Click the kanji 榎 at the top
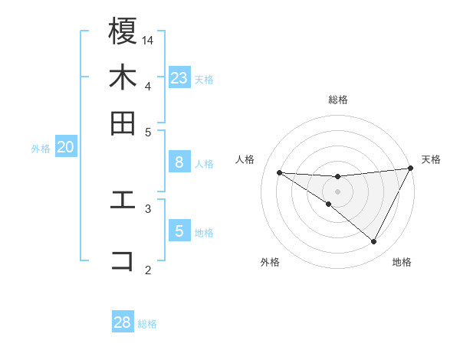pyautogui.click(x=123, y=32)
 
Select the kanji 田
pyautogui.click(x=123, y=123)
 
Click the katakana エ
pyautogui.click(x=123, y=201)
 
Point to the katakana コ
pyautogui.click(x=123, y=260)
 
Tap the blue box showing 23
pyautogui.click(x=179, y=78)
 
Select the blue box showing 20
pyautogui.click(x=66, y=148)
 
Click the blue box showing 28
pyautogui.click(x=123, y=322)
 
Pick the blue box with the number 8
pyautogui.click(x=179, y=162)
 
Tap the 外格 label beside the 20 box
pyautogui.click(x=41, y=149)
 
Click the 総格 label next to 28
pyautogui.click(x=147, y=324)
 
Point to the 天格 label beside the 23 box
pyautogui.click(x=204, y=79)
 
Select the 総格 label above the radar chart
pyautogui.click(x=338, y=100)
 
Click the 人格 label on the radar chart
pyautogui.click(x=245, y=159)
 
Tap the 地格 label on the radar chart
pyautogui.click(x=402, y=262)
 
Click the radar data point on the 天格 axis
pyautogui.click(x=410, y=169)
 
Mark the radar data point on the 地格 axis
pyautogui.click(x=374, y=242)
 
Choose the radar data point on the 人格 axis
pyautogui.click(x=279, y=172)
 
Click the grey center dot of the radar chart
pyautogui.click(x=337, y=191)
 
